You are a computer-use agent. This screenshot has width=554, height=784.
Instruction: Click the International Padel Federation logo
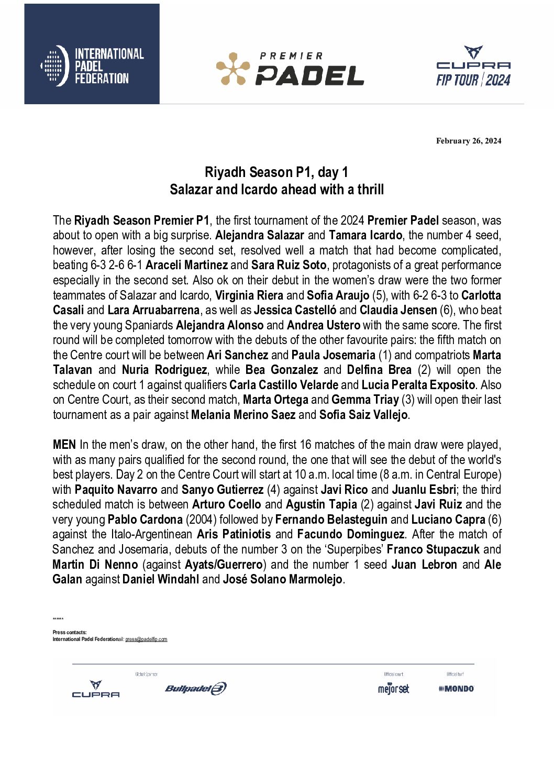pos(92,66)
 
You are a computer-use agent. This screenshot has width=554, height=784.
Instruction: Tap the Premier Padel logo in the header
pos(290,69)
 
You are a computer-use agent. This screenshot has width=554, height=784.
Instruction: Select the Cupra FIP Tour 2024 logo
pos(473,67)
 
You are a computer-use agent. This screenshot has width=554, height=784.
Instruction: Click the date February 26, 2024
pos(469,141)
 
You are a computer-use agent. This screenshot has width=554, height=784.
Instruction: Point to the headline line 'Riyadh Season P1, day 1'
pos(276,172)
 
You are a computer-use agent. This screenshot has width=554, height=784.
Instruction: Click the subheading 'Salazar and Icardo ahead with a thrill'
pos(276,190)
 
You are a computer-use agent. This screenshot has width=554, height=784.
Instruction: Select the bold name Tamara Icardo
pos(365,235)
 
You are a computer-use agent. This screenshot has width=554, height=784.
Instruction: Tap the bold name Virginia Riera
pos(249,295)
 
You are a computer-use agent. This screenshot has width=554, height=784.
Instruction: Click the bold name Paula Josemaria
pos(334,355)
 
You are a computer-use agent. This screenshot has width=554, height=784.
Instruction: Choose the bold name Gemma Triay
pos(365,400)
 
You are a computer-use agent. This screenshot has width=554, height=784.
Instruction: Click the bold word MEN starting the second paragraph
pos(64,445)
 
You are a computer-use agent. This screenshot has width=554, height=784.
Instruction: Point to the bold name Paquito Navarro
pos(116,490)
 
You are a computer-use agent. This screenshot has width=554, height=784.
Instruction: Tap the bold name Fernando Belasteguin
pos(331,520)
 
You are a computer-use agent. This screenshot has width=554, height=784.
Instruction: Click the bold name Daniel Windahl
pos(161,579)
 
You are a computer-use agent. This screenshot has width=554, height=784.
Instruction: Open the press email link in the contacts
pos(146,639)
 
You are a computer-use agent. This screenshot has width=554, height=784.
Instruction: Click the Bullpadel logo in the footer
pos(196,689)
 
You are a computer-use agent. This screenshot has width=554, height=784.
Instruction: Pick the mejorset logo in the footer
pos(394,689)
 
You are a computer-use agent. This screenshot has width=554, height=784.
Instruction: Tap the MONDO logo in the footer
pos(456,689)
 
